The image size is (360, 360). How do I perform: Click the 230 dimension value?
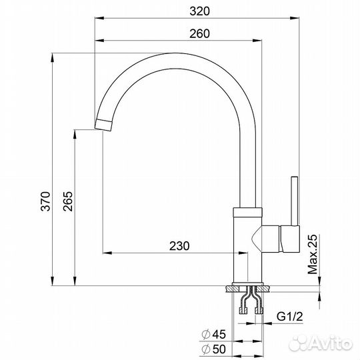[179, 245]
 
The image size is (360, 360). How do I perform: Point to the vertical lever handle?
[292, 200]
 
